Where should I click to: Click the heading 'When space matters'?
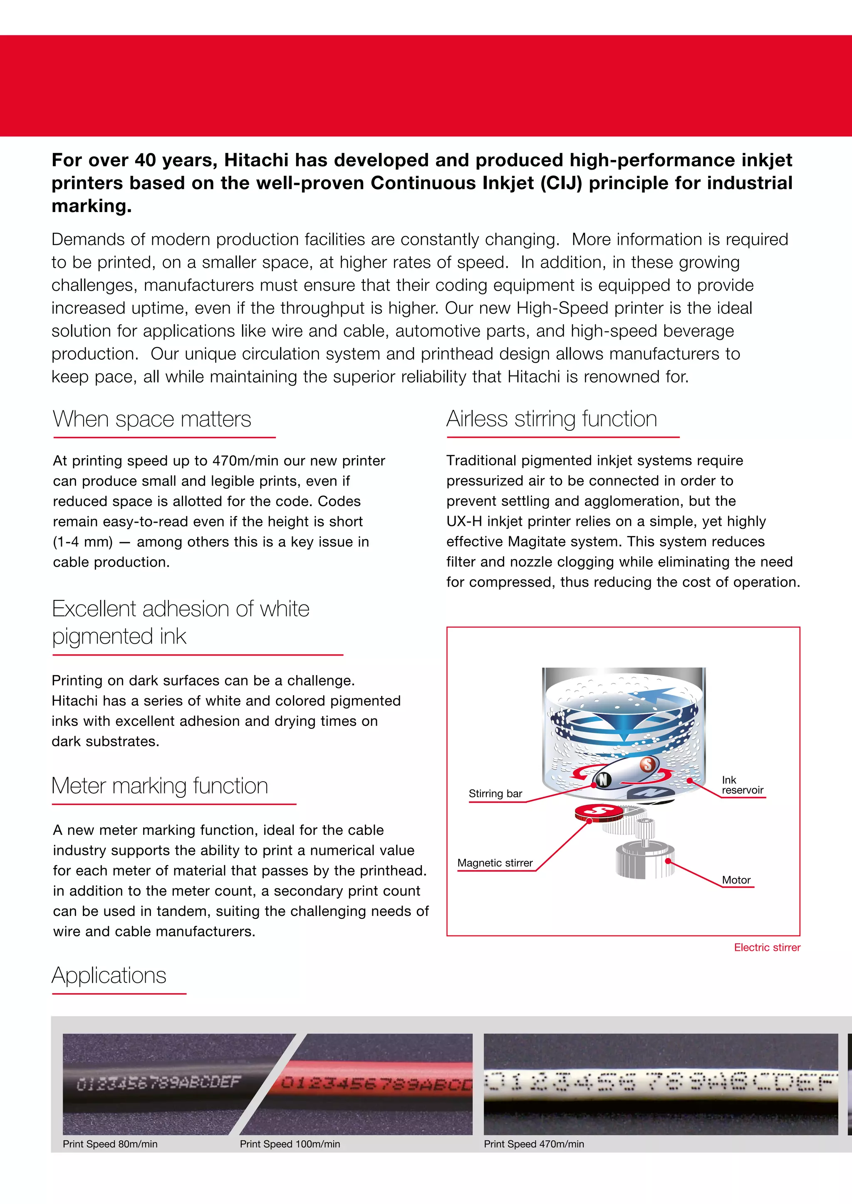pos(152,419)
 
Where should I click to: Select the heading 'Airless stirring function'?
pos(551,419)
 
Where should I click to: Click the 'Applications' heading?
pos(109,975)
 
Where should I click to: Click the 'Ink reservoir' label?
pos(742,785)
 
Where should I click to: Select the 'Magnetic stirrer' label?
pos(495,863)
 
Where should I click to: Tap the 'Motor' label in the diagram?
pos(736,880)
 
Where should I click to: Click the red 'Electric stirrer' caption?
pos(767,947)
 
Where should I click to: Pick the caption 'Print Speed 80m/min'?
pos(110,1144)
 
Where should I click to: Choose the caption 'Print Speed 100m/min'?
pos(290,1144)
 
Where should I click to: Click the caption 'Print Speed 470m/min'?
pos(534,1144)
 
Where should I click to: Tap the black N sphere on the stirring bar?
pos(603,780)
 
